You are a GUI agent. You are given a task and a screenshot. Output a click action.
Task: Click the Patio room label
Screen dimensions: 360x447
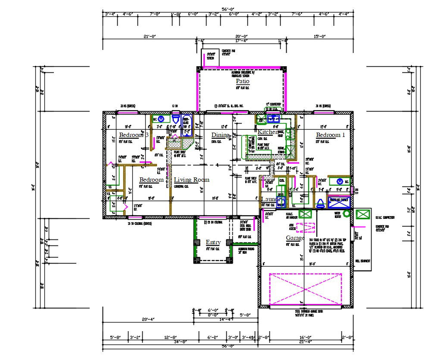[242, 81]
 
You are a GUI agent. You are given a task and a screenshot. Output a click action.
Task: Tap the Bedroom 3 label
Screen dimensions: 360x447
[134, 135]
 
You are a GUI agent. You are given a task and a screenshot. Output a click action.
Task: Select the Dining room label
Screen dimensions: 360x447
[220, 135]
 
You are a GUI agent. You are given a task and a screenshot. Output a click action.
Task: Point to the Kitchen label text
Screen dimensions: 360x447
[268, 132]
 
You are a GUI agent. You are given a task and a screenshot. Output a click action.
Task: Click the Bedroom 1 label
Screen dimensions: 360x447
[331, 135]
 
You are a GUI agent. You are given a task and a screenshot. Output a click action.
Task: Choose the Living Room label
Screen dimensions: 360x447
[191, 180]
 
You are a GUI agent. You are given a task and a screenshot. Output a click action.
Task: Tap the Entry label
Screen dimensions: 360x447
[213, 242]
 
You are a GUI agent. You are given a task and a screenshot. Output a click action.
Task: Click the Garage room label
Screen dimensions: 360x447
[295, 238]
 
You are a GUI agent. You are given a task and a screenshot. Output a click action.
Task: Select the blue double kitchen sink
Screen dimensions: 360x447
[273, 118]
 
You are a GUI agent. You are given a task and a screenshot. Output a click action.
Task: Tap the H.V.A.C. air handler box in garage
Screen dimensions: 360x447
[305, 214]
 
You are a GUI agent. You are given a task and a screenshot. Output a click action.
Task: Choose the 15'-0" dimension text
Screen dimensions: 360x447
[319, 37]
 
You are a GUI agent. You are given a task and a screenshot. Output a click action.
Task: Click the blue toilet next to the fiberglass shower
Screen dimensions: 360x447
[321, 203]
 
